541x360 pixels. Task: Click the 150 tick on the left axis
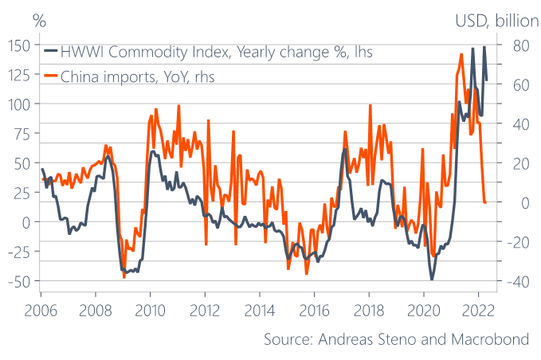20,45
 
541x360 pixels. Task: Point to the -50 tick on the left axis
20,280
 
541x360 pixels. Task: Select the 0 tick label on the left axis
26,221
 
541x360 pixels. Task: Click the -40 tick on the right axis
515,280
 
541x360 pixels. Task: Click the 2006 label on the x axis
41,310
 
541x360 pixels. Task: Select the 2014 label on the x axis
260,310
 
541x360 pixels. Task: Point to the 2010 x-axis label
151,310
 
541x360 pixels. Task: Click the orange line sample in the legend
49,76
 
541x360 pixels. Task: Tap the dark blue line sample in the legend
49,53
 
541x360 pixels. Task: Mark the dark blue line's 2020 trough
433,279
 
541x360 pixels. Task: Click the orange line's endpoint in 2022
485,202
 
